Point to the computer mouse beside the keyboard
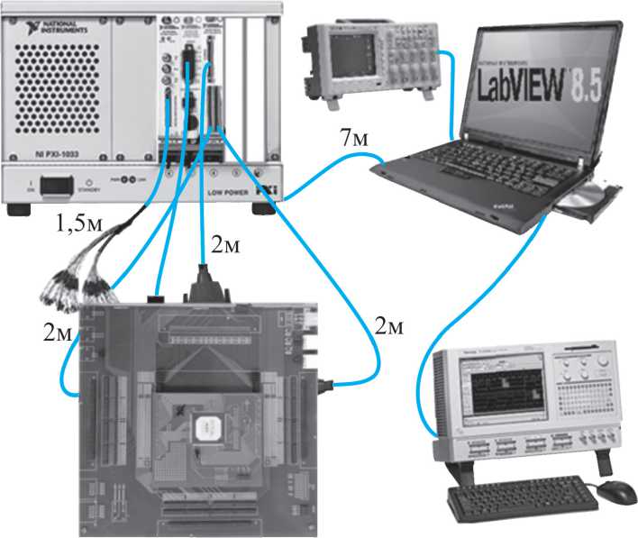click(x=615, y=492)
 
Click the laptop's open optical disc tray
click(x=587, y=200)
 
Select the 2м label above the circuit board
click(x=225, y=244)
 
